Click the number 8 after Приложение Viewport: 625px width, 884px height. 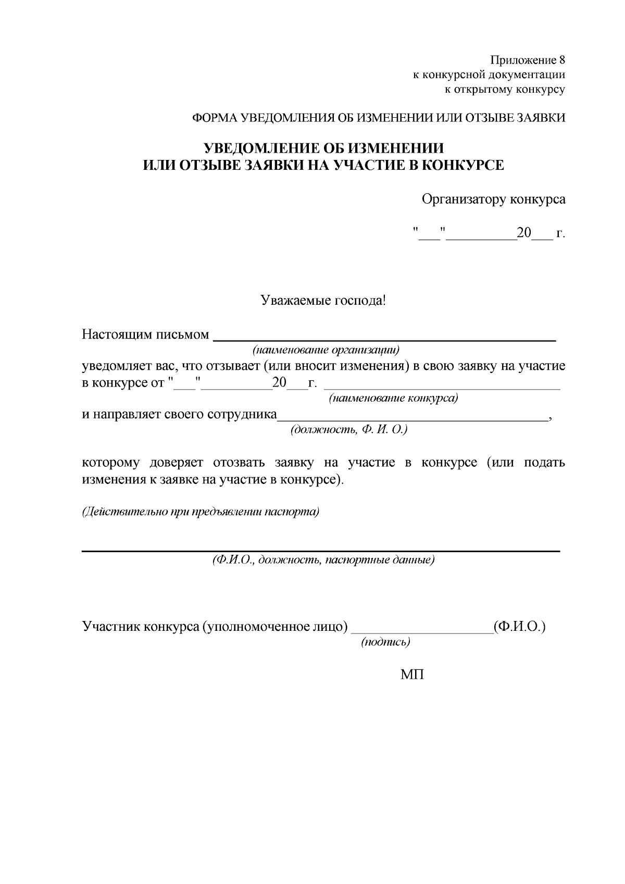click(x=561, y=59)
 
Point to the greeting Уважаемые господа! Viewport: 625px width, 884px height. click(x=323, y=301)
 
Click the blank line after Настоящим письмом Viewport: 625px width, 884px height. click(x=385, y=338)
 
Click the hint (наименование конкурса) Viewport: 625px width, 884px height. click(x=393, y=399)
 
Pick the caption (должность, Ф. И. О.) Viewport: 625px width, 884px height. click(x=348, y=430)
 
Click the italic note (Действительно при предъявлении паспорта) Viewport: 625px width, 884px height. click(x=201, y=512)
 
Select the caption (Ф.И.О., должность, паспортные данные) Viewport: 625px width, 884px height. click(x=323, y=561)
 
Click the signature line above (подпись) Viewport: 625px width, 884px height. click(x=422, y=631)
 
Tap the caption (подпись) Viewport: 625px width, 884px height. click(x=386, y=642)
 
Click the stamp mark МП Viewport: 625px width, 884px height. click(x=412, y=675)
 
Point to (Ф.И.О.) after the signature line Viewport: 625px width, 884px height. click(x=519, y=626)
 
